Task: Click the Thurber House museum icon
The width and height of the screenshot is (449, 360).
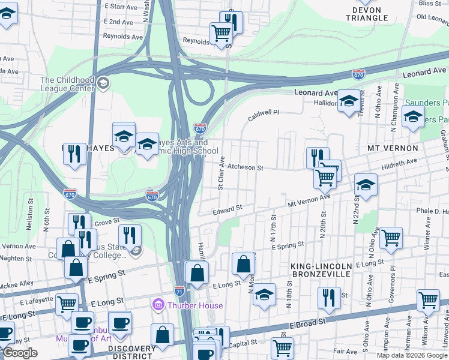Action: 159,305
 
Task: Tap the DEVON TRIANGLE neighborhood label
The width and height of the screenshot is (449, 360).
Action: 367,14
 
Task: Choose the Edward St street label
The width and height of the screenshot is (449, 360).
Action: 228,210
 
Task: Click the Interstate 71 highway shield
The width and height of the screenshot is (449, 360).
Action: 179,290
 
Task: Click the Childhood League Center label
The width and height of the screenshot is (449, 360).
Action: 67,84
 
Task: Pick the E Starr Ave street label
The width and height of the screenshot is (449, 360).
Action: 118,6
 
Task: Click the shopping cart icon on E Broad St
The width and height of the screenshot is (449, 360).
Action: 282,347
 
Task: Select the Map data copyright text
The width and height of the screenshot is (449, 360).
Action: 412,355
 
